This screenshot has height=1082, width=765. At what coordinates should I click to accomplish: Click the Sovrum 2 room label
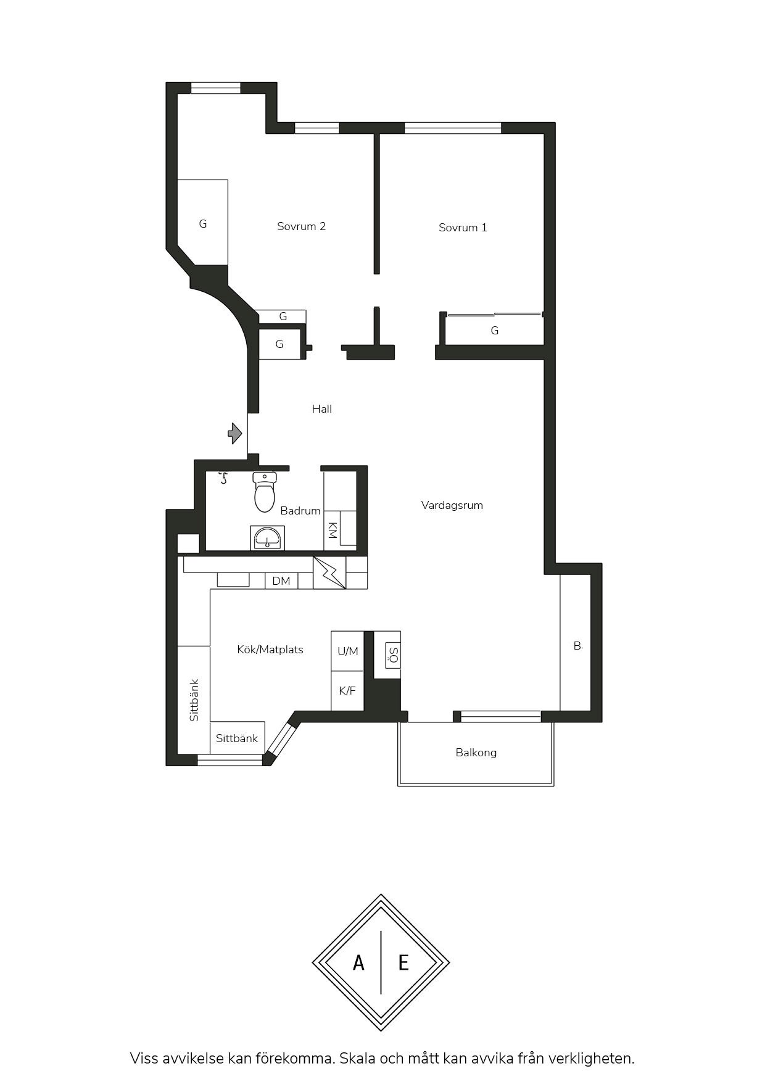tap(301, 226)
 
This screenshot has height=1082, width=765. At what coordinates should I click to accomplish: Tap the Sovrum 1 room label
tap(463, 228)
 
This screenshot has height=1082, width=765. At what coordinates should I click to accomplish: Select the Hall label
tap(322, 409)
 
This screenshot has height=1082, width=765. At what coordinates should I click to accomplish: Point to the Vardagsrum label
tap(452, 505)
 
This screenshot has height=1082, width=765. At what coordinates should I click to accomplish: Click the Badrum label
tap(300, 511)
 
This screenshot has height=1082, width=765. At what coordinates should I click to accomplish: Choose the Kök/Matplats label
tap(270, 650)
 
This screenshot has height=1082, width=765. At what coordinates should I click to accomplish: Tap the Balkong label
tap(476, 753)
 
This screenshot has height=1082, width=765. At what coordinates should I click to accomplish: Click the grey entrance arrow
tap(235, 433)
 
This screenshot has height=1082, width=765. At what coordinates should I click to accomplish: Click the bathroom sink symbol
tap(267, 538)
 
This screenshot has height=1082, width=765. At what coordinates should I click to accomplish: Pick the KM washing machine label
tap(332, 531)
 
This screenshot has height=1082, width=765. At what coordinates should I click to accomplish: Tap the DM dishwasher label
tap(281, 581)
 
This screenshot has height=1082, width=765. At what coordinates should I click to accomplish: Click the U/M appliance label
tap(348, 651)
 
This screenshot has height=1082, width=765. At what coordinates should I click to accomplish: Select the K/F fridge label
tap(347, 691)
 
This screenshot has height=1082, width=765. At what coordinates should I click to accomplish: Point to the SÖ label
tap(393, 655)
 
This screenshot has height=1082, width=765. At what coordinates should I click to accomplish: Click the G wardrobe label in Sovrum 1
tap(495, 331)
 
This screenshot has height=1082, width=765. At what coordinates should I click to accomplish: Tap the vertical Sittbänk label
tap(194, 700)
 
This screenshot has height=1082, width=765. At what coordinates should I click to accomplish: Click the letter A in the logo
tap(358, 962)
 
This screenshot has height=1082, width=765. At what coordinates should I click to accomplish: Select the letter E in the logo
tap(403, 962)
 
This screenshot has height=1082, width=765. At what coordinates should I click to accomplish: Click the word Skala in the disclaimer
tap(357, 1059)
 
